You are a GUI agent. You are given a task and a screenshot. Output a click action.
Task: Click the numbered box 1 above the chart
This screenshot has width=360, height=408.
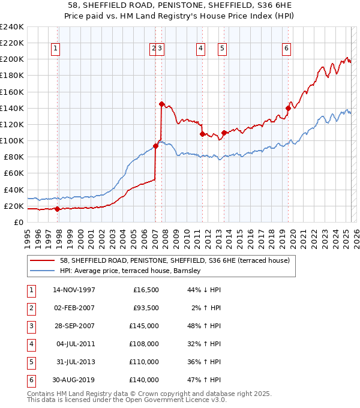tap(55, 49)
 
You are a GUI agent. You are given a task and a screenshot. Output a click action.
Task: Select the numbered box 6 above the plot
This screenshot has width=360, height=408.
tap(287, 49)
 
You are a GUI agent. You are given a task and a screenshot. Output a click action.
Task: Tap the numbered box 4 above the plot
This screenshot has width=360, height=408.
tap(200, 49)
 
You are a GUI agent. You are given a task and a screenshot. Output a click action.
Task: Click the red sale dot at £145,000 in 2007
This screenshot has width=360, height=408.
tap(161, 104)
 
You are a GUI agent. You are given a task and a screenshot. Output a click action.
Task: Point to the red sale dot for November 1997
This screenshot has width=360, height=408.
tap(57, 209)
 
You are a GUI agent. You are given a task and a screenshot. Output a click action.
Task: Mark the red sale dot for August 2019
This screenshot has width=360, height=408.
tap(288, 108)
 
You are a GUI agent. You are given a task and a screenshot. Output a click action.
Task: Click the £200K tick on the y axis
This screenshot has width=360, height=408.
tap(11, 59)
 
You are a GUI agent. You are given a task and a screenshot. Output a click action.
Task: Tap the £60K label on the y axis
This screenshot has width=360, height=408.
tap(13, 173)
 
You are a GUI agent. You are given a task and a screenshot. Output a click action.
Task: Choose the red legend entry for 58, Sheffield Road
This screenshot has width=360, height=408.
tap(175, 260)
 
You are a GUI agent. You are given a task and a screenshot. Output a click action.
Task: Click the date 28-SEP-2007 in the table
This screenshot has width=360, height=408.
tap(74, 326)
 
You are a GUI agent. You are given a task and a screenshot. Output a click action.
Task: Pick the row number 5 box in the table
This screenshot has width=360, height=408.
tap(30, 362)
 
